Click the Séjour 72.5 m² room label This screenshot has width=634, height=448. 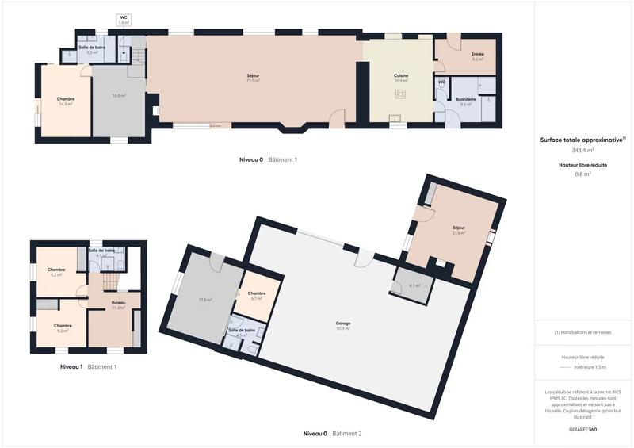(x=254, y=78)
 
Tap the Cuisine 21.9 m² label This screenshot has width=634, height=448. (x=401, y=78)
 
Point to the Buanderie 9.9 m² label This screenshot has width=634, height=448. (x=466, y=101)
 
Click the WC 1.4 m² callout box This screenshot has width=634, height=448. (x=124, y=20)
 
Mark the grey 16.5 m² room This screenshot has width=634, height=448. (x=119, y=95)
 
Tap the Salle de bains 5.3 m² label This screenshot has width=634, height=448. (x=93, y=49)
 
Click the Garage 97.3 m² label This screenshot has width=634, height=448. (x=342, y=325)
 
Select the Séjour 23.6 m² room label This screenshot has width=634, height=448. (x=458, y=230)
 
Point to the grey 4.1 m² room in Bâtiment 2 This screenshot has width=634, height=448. (x=414, y=285)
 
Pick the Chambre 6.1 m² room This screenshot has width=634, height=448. (x=257, y=295)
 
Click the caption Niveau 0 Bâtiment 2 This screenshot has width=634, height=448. (x=332, y=434)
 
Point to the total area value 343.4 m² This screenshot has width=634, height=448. (x=582, y=150)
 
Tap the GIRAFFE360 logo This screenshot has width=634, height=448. (x=582, y=429)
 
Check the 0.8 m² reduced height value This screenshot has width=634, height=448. (x=582, y=174)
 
